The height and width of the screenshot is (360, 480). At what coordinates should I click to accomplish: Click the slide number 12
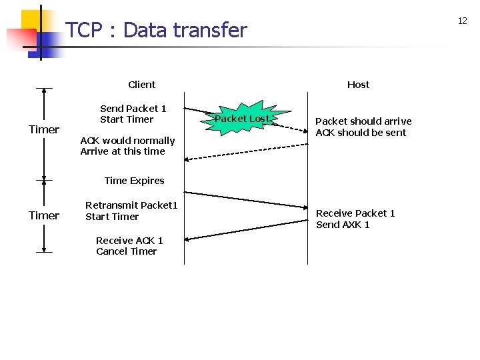tap(462, 21)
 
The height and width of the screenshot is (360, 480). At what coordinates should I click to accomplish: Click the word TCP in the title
tap(83, 30)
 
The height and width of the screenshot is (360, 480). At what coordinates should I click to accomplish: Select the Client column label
tap(141, 85)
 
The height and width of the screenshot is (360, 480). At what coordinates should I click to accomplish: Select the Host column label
tap(358, 85)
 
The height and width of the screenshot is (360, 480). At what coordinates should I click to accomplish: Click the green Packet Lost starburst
tap(241, 119)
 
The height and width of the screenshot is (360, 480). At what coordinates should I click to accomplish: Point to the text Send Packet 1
tap(133, 109)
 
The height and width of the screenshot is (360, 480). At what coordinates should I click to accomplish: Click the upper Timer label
tap(44, 129)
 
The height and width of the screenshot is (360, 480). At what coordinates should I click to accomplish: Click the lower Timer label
tap(44, 215)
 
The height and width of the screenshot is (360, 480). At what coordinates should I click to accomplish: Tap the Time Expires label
tap(134, 181)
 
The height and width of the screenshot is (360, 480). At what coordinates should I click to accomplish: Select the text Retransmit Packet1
tap(131, 205)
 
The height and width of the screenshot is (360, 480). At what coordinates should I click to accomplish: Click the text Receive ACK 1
tap(129, 241)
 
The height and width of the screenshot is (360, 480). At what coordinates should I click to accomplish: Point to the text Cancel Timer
tap(126, 251)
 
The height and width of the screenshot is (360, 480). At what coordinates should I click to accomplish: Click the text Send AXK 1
tap(343, 225)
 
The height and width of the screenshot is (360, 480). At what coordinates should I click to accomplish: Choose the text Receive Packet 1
tap(355, 213)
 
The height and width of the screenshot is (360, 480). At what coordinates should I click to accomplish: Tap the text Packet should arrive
tap(363, 121)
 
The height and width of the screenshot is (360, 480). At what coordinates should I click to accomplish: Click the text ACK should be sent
tap(361, 133)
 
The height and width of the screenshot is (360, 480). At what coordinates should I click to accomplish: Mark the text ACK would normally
tap(127, 141)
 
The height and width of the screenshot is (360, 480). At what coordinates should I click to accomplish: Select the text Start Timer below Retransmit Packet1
tap(112, 217)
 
